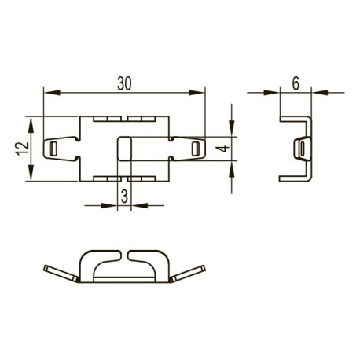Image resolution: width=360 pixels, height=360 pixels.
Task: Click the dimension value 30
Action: [124, 83]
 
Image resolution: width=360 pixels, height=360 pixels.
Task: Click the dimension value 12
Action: [23, 149]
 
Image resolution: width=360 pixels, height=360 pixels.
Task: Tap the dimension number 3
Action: [124, 197]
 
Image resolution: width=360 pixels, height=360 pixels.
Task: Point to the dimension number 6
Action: [296, 84]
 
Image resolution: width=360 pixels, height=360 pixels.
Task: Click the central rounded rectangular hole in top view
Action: [124, 148]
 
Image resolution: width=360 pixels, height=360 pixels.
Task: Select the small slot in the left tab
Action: [53, 149]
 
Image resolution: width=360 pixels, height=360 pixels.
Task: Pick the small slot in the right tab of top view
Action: [195, 149]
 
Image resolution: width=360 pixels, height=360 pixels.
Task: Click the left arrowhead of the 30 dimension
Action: [52, 92]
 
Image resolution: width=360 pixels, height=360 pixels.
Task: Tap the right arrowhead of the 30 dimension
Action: [197, 92]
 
